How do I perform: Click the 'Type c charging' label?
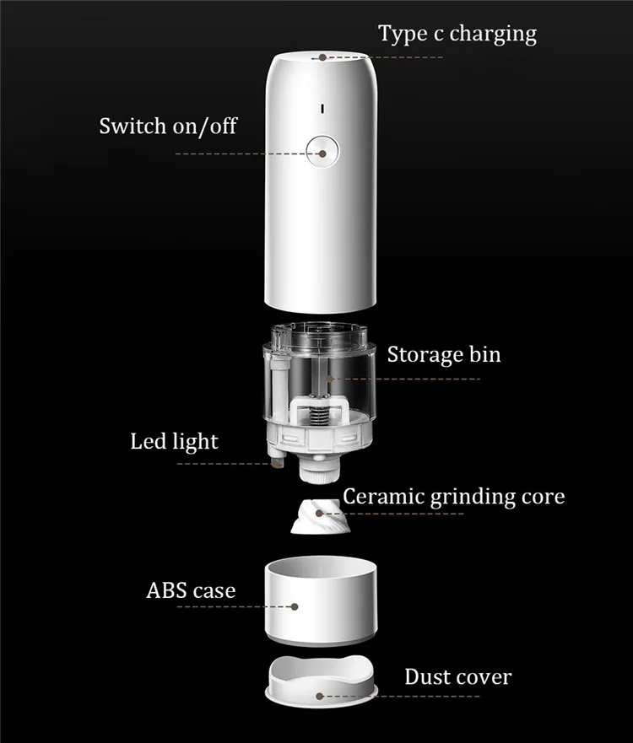[457, 34]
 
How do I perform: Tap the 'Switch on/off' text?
[168, 127]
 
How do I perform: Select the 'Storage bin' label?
[444, 354]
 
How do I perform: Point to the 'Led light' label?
[174, 441]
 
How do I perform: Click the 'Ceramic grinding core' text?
[453, 496]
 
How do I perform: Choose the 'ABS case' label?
[191, 590]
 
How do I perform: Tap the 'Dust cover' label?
[457, 676]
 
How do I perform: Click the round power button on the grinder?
[322, 153]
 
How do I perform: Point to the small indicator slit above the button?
[322, 109]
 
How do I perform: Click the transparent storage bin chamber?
[321, 371]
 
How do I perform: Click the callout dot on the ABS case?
[295, 606]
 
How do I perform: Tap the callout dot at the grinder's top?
[322, 58]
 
